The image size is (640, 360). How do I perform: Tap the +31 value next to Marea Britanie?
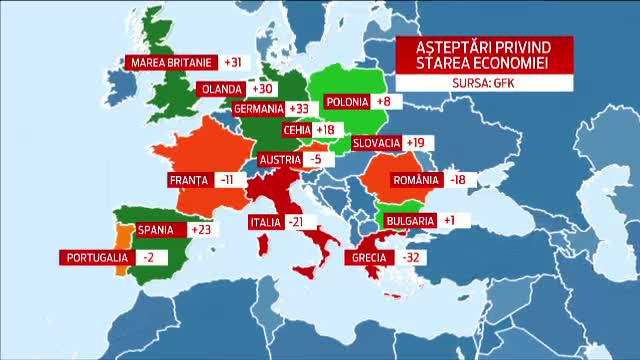point(233,62)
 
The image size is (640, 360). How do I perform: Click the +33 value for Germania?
point(298,108)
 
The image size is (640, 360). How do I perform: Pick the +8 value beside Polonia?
point(383,101)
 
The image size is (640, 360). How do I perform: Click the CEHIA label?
point(296,130)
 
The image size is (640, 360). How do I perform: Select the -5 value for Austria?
point(316,159)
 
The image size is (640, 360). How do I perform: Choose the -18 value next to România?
point(459,180)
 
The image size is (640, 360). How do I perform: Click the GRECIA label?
point(370,257)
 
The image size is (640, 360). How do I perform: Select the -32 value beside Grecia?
point(410,257)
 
